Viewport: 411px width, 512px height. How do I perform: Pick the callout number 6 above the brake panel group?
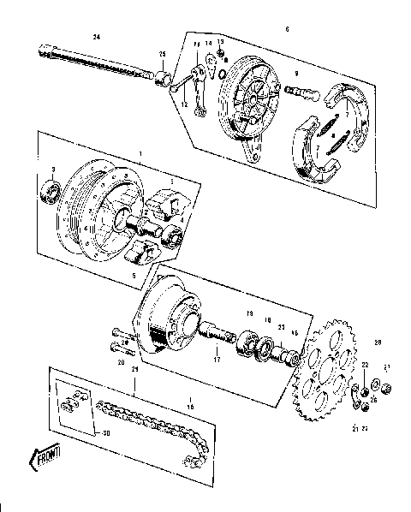286,30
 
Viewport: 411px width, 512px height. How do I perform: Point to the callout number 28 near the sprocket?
378,342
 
